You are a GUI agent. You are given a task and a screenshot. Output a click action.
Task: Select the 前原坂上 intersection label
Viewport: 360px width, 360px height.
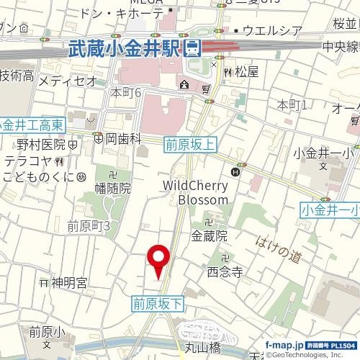(190, 143)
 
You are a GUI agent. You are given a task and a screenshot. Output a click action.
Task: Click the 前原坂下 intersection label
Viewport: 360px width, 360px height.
(158, 305)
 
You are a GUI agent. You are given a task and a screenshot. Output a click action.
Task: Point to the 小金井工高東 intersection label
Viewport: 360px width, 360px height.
(33, 125)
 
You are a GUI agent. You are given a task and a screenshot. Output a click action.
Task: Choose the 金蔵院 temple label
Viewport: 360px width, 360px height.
(209, 235)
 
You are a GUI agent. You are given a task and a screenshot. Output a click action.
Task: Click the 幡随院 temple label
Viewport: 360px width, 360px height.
(114, 188)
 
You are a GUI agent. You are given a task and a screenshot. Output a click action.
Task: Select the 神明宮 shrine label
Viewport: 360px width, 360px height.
(68, 282)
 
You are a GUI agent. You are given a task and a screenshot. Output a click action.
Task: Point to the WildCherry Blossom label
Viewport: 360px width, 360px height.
(195, 192)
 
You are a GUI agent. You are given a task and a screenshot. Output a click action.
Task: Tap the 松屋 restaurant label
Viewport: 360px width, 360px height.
(246, 72)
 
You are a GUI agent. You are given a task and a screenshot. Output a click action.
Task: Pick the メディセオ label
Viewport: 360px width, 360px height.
(67, 81)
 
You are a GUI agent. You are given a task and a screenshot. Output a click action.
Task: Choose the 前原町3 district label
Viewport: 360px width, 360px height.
(88, 226)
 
